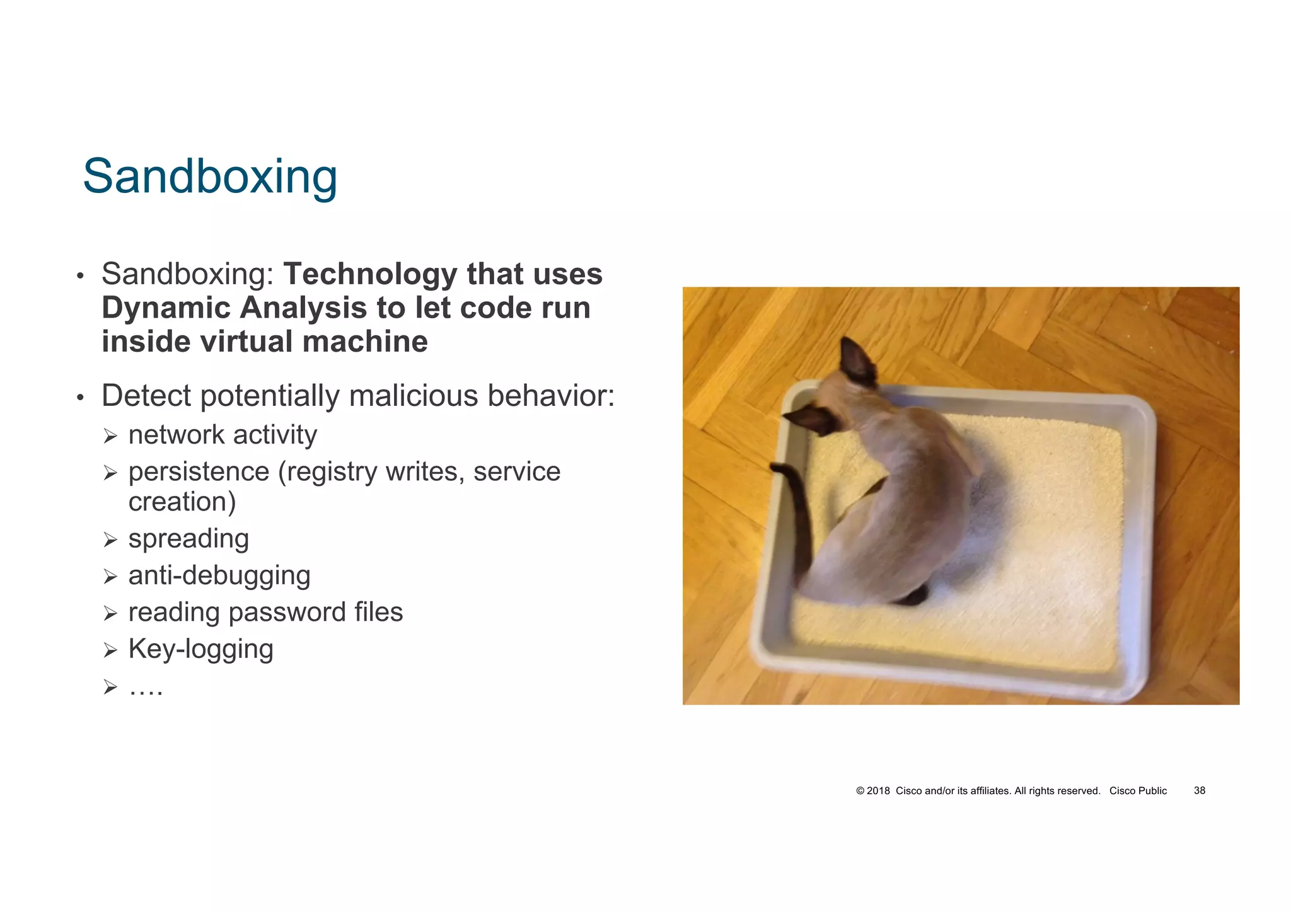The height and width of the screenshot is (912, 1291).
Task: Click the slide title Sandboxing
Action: [210, 176]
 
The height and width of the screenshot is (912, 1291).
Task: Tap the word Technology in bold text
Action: [369, 274]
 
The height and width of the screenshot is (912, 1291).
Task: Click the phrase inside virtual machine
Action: [265, 342]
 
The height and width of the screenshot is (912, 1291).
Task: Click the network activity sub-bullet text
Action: [223, 435]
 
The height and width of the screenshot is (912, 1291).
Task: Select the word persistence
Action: [199, 471]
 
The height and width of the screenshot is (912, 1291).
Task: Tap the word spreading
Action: [188, 539]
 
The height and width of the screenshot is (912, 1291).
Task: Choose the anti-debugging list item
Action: [219, 575]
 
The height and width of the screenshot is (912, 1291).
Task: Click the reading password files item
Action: [265, 612]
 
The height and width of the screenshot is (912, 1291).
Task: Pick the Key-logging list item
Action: [200, 649]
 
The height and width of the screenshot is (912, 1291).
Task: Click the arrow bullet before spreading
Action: [111, 540]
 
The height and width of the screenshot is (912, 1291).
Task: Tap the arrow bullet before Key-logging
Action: [111, 650]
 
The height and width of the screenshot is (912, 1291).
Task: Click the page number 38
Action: [1199, 790]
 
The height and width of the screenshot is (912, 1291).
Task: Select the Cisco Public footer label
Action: [1138, 790]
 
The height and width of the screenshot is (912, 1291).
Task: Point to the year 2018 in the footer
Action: [878, 790]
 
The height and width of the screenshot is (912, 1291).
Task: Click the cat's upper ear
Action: [859, 362]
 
